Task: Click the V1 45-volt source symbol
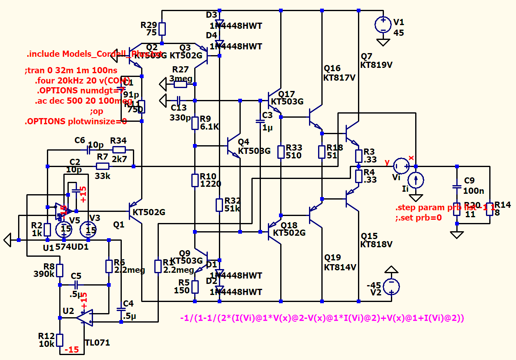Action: (x=383, y=25)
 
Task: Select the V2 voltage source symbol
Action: (x=391, y=286)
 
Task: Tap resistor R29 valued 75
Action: (x=162, y=29)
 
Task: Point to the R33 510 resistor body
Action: (x=281, y=151)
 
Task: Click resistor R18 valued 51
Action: (x=322, y=151)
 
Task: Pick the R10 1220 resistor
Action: (x=195, y=180)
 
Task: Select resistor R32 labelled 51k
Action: (x=219, y=204)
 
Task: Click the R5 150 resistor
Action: (x=195, y=287)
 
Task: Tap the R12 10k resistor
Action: (x=60, y=340)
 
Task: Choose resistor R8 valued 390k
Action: (x=60, y=270)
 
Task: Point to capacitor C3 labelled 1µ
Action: (x=260, y=121)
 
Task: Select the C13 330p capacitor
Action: (x=178, y=100)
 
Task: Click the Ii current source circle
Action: (x=416, y=180)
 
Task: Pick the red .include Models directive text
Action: (x=94, y=54)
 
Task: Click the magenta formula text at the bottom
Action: (x=322, y=318)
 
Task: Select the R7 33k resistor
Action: (x=102, y=166)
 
